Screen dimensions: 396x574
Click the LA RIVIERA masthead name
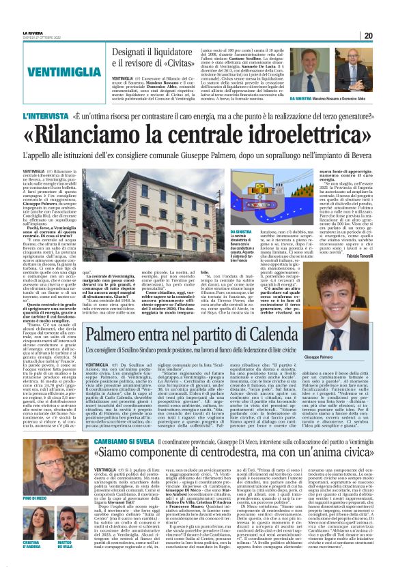(x=32, y=32)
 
